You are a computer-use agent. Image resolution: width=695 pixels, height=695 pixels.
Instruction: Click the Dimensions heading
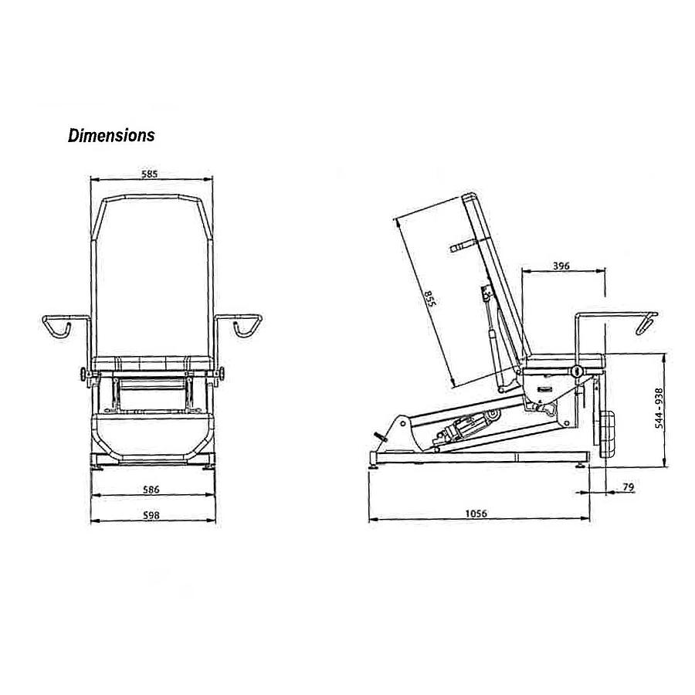click(x=111, y=136)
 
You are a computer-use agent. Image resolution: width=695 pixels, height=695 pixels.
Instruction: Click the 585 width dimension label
click(x=149, y=175)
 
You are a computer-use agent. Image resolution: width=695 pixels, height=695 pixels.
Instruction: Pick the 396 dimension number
click(x=561, y=266)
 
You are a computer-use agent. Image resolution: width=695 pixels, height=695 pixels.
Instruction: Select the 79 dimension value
click(x=628, y=486)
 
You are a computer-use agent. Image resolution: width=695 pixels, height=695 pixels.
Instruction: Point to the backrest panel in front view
click(x=151, y=278)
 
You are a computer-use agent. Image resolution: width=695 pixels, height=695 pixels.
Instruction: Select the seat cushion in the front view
click(x=151, y=363)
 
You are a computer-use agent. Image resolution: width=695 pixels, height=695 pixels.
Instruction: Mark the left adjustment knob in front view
click(x=83, y=376)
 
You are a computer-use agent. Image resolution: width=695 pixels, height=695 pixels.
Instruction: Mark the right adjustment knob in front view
click(x=222, y=376)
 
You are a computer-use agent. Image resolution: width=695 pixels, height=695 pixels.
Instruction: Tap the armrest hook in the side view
click(x=644, y=324)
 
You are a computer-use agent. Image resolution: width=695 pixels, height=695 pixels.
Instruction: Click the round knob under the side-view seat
click(x=575, y=372)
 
